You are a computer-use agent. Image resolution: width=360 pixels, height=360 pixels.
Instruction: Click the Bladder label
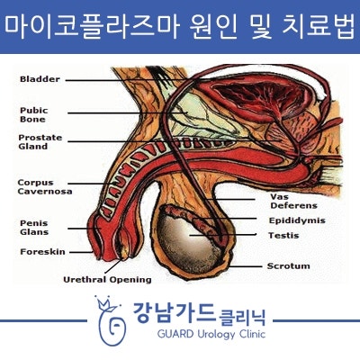pos(40,79)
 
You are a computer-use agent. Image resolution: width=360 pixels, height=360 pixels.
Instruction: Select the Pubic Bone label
pos(34,114)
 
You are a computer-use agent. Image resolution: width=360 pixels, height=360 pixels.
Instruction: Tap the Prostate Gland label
pos(40,142)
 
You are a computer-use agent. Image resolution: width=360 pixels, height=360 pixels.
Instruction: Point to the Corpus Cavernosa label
pos(45,187)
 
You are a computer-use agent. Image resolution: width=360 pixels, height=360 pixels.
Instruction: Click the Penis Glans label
pos(34,228)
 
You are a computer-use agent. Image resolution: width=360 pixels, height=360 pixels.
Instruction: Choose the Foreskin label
pos(42,252)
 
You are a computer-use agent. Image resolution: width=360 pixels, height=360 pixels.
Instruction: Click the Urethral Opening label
pos(107,280)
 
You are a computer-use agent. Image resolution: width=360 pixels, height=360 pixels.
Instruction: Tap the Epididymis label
pos(297,220)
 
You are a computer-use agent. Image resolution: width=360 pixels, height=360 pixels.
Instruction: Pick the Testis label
pos(283,236)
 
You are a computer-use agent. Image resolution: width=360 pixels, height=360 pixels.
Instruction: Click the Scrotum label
pos(289,266)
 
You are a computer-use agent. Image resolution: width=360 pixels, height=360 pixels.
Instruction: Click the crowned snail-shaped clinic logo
pos(111,320)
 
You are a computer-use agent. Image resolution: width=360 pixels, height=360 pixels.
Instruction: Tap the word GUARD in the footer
pos(175,334)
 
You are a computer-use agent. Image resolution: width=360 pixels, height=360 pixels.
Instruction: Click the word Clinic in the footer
pos(252,334)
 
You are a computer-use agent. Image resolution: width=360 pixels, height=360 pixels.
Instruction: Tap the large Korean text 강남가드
pos(175,313)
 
